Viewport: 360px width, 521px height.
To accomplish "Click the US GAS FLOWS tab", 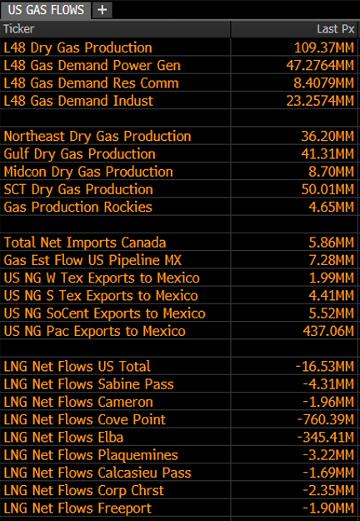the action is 46,10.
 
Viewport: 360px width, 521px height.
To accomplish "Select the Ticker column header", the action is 19,29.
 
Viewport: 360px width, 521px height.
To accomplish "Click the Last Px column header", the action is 336,29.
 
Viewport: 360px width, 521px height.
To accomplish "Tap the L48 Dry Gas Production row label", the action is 78,48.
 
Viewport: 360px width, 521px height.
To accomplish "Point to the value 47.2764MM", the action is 320,66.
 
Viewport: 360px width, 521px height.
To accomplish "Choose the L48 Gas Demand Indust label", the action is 78,101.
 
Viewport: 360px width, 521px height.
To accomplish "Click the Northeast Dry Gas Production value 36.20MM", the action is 327,136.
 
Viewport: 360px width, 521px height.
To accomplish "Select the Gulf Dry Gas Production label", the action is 80,154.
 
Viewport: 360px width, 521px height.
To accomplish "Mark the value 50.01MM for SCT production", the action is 327,189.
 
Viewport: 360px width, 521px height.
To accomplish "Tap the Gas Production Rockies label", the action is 78,207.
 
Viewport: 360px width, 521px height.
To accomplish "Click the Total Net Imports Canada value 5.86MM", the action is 332,243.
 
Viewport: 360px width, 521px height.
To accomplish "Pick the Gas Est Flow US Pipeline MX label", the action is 92,260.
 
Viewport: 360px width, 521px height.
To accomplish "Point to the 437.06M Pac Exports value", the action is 328,331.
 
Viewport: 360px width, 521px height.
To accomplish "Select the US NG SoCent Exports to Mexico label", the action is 105,313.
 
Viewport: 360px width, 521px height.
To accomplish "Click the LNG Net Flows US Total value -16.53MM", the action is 325,367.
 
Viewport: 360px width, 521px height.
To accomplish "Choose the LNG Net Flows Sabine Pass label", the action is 88,384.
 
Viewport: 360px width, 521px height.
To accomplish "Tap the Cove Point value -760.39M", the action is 326,419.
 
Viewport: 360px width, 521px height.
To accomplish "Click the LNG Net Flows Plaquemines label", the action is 91,455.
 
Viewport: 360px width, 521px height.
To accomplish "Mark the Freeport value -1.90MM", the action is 328,508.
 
